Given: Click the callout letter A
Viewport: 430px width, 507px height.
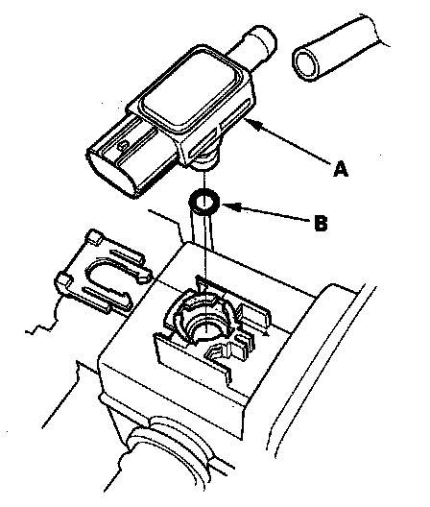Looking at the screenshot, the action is (341, 169).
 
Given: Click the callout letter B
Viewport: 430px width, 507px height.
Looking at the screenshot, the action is (321, 223).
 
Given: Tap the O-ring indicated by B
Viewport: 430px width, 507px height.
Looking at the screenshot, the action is (204, 203).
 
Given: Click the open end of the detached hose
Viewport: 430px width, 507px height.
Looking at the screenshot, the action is (306, 63).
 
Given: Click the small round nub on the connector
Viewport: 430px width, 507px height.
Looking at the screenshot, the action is (122, 146).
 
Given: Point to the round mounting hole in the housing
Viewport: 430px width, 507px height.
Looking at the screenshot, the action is (204, 326).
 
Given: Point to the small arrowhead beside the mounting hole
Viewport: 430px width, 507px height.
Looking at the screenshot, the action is (265, 334).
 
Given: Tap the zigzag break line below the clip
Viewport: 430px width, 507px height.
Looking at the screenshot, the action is (42, 319).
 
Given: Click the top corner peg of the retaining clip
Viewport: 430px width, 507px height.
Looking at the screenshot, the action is (94, 236).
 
